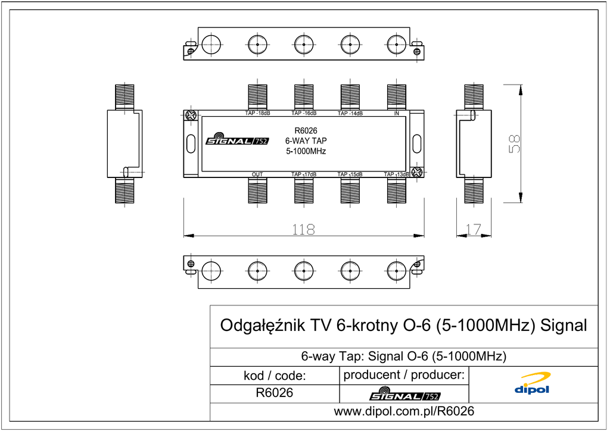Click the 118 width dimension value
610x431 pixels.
[x=303, y=229]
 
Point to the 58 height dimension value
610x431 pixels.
[x=514, y=144]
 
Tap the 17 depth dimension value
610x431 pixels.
[x=474, y=229]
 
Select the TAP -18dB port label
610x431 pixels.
[x=257, y=113]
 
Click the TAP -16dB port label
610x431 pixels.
[x=304, y=113]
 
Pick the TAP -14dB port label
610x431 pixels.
[x=350, y=114]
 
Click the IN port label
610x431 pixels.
[x=396, y=114]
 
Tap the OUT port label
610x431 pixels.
[x=257, y=174]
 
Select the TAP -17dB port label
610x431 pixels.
[x=304, y=174]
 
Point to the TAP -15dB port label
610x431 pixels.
[x=350, y=174]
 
